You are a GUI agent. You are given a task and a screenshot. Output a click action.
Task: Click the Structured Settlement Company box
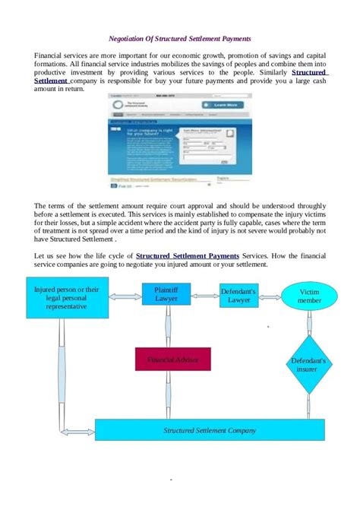pyautogui.click(x=210, y=430)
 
